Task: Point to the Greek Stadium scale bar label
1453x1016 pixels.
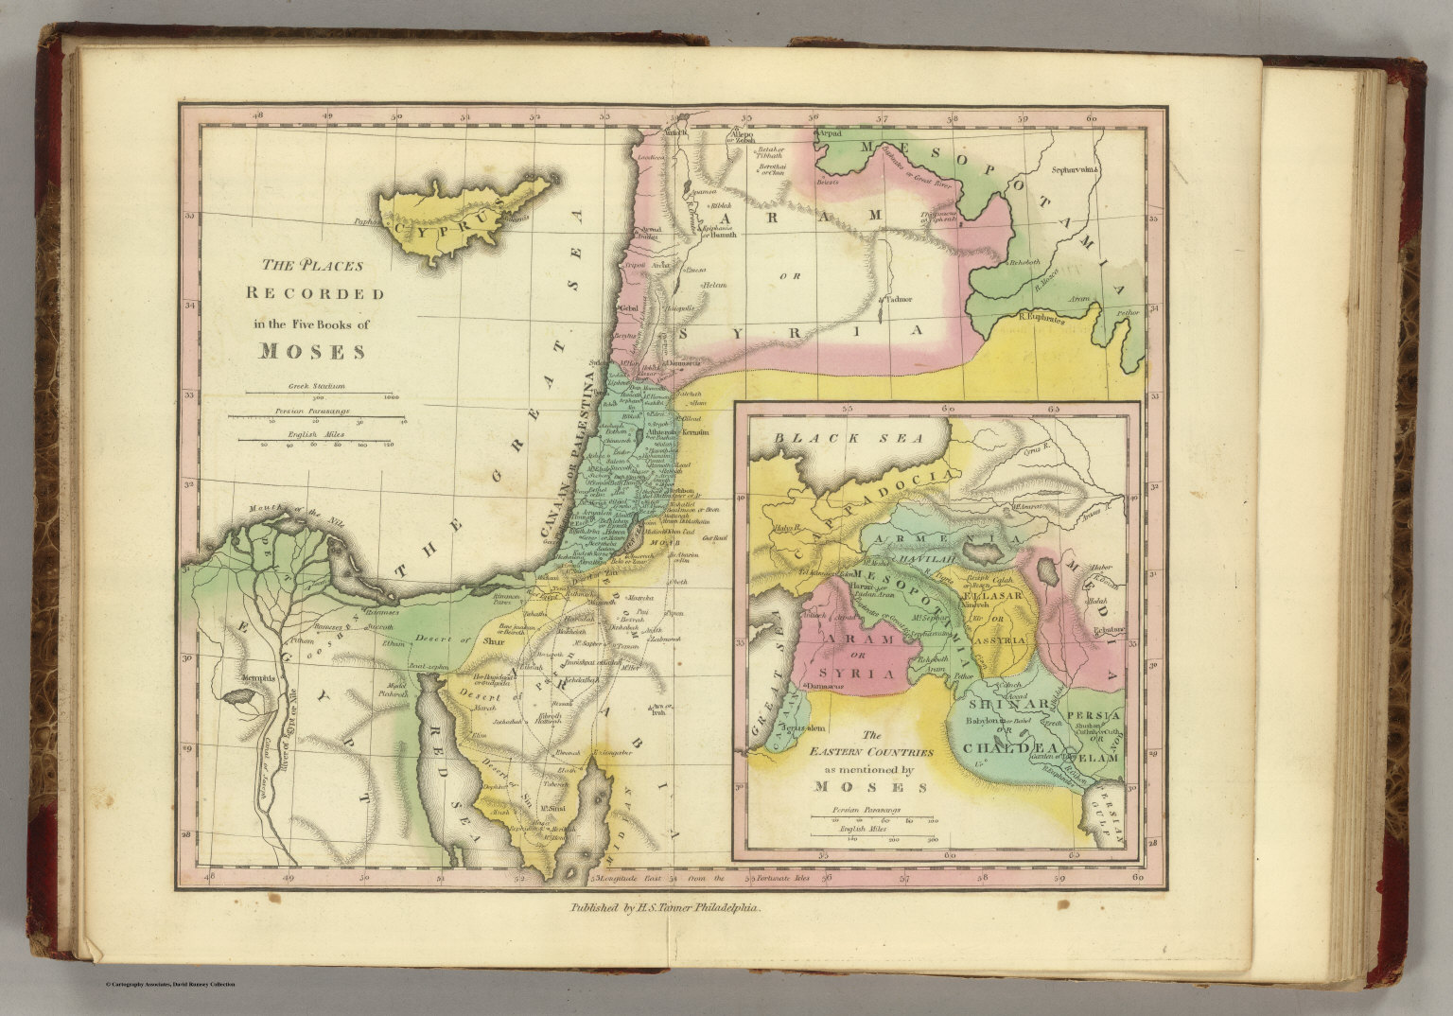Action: click(x=317, y=387)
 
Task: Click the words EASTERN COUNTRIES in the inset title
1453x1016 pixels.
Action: click(x=870, y=751)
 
